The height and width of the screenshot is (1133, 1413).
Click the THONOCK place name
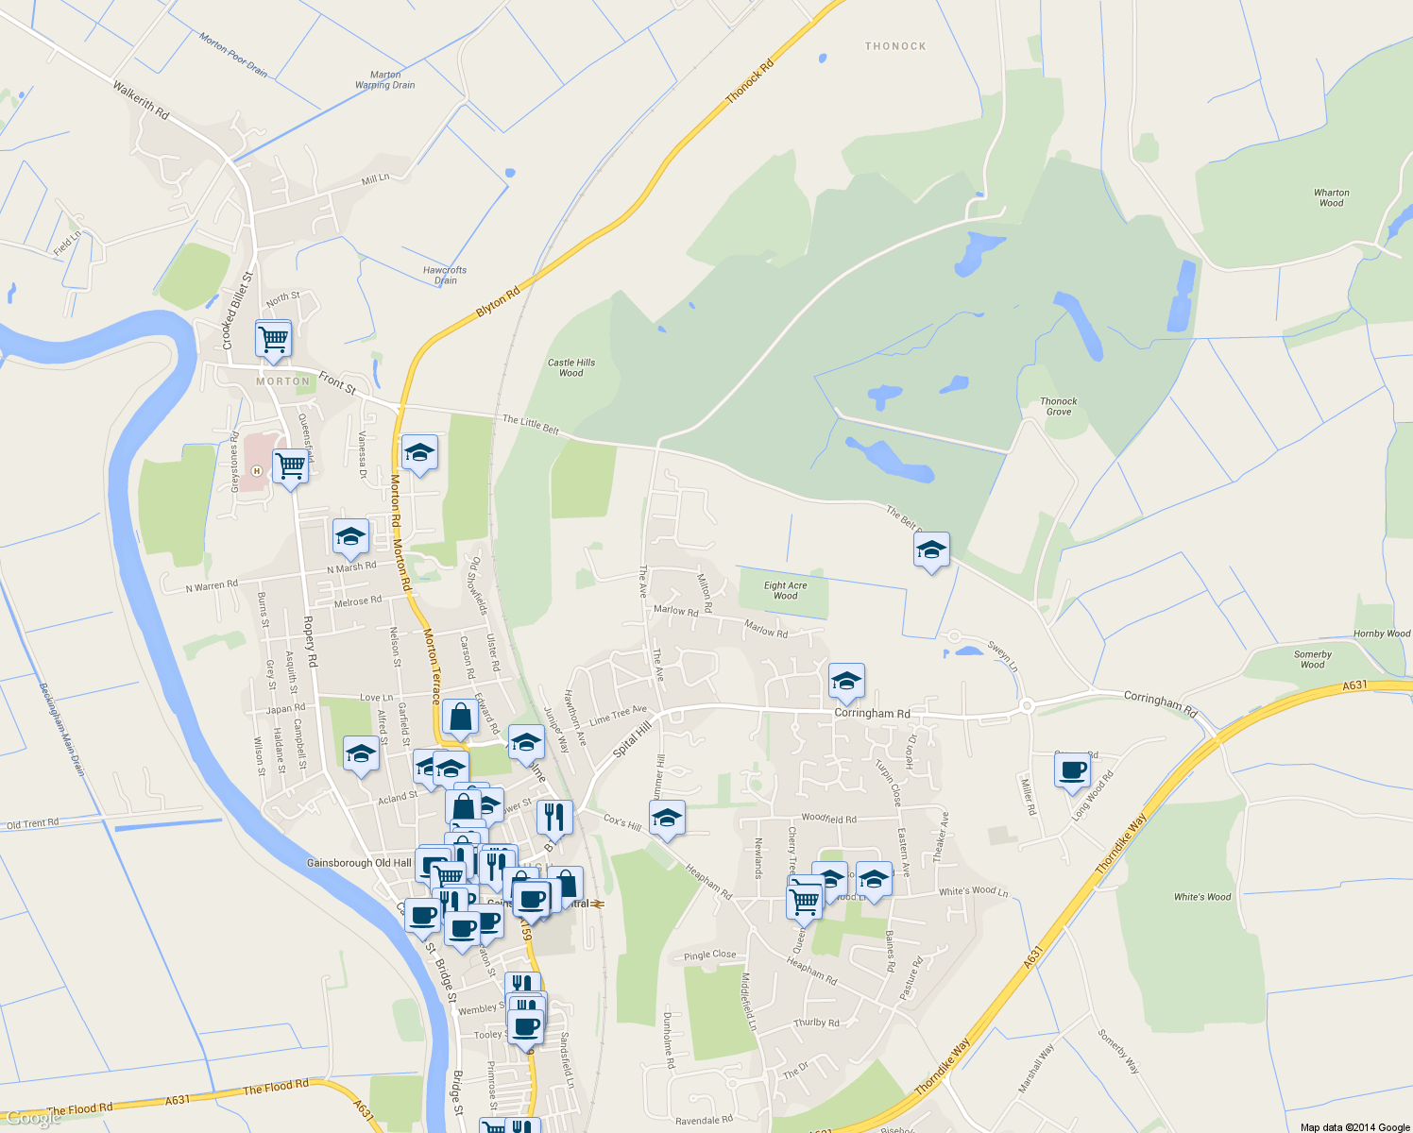tap(895, 46)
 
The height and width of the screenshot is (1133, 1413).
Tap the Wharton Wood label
tap(1331, 197)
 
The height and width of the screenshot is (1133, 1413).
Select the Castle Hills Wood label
tap(571, 367)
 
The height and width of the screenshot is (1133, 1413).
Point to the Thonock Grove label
tap(1059, 406)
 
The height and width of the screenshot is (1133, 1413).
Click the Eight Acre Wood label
tap(785, 590)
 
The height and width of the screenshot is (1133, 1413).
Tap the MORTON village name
tap(282, 381)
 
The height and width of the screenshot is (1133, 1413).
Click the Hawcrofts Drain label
tap(445, 275)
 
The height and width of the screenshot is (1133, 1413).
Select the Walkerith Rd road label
tap(141, 100)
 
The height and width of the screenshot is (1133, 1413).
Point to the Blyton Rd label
tap(498, 302)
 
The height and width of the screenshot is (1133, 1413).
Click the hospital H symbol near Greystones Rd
tap(255, 470)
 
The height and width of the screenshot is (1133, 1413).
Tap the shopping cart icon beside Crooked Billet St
tap(273, 337)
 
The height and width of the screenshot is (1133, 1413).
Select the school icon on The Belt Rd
tap(931, 550)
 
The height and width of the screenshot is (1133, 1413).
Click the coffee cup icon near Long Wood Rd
tap(1072, 770)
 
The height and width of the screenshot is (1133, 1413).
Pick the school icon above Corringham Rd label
tap(846, 680)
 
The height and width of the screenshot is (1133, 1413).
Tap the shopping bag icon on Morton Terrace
tap(460, 718)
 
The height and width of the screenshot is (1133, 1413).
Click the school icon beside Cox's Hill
tap(667, 818)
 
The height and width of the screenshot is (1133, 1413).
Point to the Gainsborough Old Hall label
tap(359, 863)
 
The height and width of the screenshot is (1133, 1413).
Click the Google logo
tap(32, 1119)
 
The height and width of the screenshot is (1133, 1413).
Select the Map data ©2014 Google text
tap(1354, 1127)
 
